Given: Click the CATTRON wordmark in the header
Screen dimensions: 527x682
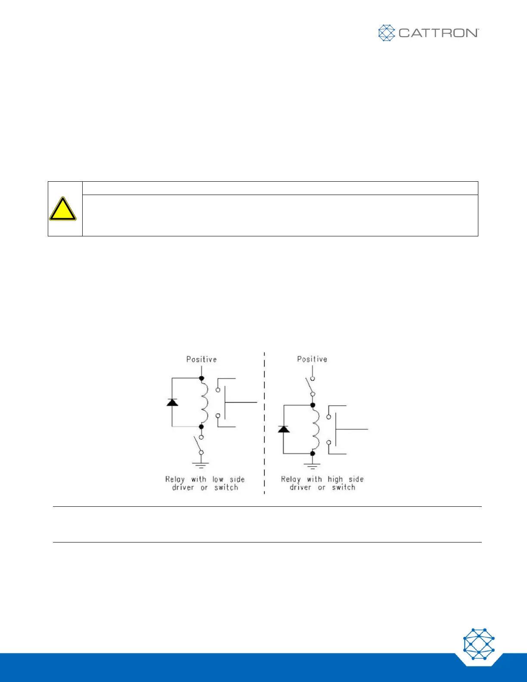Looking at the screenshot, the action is click(438, 33).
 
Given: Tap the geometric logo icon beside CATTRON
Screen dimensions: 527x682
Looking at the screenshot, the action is click(386, 33).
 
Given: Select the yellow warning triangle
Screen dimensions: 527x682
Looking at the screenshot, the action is click(63, 209).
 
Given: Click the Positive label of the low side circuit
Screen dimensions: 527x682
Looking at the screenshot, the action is click(201, 359).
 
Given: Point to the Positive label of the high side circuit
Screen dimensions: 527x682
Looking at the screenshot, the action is click(312, 359).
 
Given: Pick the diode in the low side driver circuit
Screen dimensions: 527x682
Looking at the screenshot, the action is click(172, 402).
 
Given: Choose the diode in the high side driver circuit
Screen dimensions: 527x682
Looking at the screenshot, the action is click(283, 429).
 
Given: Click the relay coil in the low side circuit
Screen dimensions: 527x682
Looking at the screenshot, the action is click(204, 403).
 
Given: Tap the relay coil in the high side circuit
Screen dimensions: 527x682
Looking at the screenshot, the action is click(315, 429).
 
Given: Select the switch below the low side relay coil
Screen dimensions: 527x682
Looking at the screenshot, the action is click(199, 444).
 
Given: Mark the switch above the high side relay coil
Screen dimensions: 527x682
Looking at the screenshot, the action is click(310, 386).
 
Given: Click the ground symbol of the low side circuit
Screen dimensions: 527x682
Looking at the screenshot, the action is click(201, 465).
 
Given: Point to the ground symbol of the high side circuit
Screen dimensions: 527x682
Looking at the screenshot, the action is click(313, 465).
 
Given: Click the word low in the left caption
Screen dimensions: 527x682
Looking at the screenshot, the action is click(218, 479).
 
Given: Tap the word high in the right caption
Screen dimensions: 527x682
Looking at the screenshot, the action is click(335, 479).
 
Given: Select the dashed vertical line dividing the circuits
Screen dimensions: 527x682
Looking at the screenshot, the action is click(264, 422).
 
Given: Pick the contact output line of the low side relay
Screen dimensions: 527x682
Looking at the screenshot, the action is click(241, 403).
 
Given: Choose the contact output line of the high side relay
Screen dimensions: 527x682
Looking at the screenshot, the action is click(352, 429).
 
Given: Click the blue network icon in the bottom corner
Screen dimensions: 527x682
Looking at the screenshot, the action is click(479, 644).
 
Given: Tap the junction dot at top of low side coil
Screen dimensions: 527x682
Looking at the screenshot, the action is click(201, 378).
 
